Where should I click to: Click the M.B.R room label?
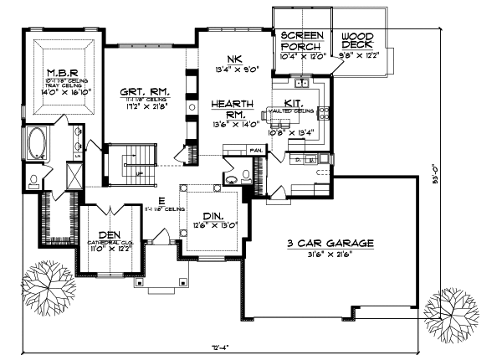pos(63,72)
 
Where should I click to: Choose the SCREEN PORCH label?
pos(300,41)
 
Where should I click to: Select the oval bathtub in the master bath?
pos(38,144)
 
